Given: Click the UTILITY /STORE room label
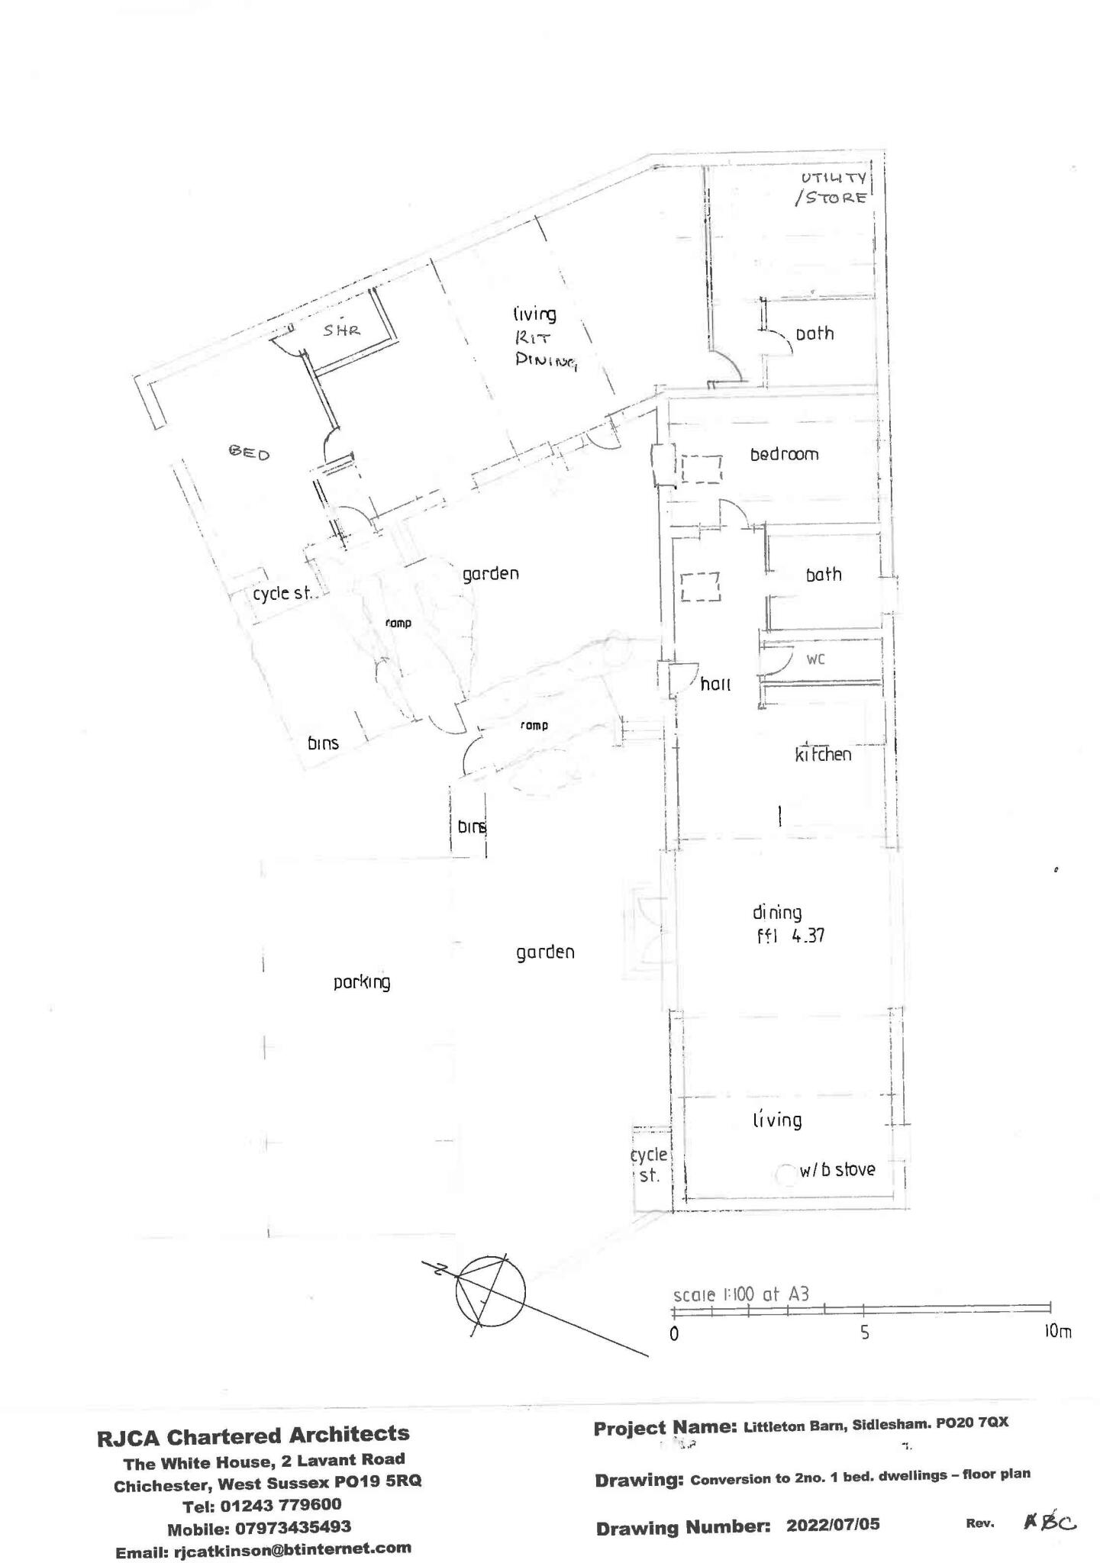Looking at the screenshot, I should (831, 188).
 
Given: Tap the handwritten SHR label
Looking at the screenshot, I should (341, 330).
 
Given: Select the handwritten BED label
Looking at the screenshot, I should (250, 453).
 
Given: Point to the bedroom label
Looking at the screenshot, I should (784, 455).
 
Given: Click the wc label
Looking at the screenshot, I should (815, 659).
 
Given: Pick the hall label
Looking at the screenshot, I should (715, 685).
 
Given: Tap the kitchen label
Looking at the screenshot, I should (823, 755).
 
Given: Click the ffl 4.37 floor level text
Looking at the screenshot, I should (789, 935).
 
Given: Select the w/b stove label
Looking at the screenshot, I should (837, 1170).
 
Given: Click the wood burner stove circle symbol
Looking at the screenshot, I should (784, 1175).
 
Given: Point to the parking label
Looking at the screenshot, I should (362, 982).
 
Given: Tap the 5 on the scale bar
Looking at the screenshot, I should (864, 1333).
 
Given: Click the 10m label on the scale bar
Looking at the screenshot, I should (1057, 1332).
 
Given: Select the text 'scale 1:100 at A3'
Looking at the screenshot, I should (740, 1294).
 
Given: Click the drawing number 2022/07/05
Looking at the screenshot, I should (833, 1525).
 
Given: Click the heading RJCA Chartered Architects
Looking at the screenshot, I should (253, 1436).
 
